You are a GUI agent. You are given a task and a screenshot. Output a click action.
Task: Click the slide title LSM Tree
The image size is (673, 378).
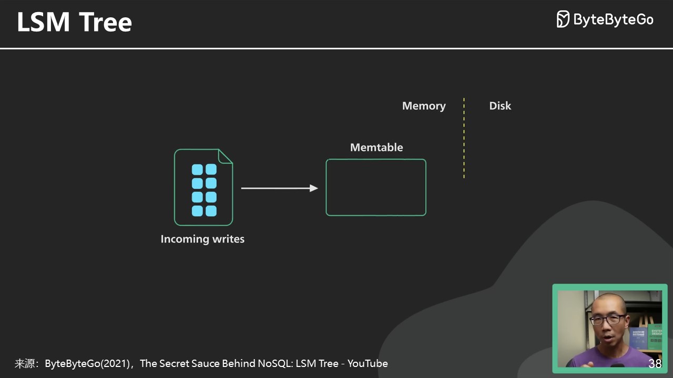74,23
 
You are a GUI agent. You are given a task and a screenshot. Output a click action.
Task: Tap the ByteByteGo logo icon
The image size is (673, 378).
563,19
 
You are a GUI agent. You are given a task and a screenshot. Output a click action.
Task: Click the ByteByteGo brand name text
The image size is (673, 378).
613,20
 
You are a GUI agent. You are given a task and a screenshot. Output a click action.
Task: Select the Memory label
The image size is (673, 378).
424,106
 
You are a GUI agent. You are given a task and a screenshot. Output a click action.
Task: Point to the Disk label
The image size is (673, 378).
500,106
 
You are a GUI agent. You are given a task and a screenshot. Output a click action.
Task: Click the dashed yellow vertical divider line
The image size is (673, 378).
464,138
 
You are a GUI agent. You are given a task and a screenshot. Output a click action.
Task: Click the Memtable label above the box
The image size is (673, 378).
376,148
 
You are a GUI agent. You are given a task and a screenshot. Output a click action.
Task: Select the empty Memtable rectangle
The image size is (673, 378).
376,187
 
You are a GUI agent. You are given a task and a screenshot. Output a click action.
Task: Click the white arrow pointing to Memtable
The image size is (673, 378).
279,188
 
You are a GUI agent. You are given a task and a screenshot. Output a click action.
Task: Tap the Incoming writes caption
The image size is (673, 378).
202,239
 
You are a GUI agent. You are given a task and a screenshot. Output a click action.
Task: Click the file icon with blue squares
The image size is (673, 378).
203,188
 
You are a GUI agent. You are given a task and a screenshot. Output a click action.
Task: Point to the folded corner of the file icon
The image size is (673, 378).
226,156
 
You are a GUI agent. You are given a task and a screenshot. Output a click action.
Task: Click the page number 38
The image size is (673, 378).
655,364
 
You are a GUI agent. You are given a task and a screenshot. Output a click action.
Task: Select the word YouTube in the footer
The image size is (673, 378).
368,363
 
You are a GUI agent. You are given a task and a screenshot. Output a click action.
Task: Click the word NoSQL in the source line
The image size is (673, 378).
275,363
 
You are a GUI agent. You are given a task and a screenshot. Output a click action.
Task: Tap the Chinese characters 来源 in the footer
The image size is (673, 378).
25,363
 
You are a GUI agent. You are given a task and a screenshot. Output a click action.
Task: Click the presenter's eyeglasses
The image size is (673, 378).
608,319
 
